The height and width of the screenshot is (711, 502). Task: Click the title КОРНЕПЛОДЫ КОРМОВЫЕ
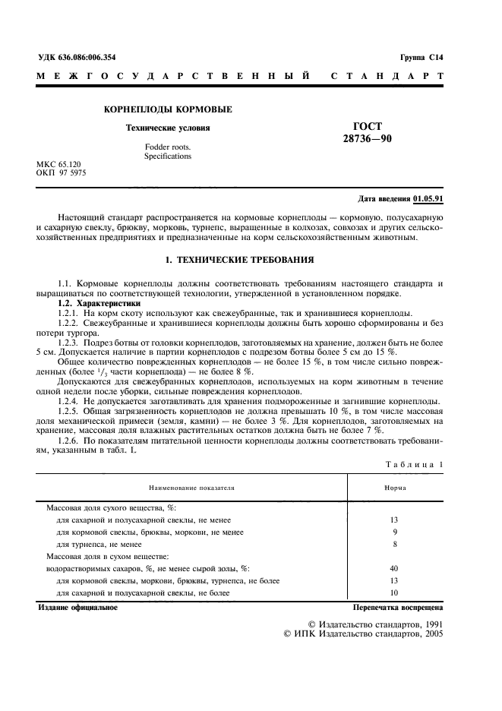click(168, 109)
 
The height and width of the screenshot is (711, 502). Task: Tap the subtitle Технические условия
click(168, 128)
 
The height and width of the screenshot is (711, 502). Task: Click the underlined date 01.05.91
click(428, 199)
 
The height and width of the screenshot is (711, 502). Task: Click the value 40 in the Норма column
click(393, 567)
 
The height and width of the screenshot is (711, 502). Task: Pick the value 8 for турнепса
click(394, 544)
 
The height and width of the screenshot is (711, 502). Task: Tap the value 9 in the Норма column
click(394, 532)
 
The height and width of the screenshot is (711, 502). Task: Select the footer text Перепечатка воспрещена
click(398, 608)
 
